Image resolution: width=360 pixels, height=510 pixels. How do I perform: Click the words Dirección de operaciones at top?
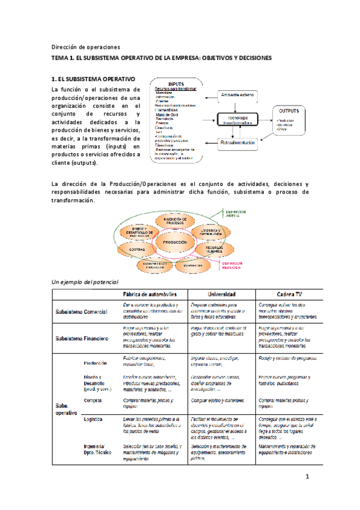tap(85, 46)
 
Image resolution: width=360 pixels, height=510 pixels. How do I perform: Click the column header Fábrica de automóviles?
tap(150, 293)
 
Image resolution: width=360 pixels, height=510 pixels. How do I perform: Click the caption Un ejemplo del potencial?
tap(85, 281)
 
